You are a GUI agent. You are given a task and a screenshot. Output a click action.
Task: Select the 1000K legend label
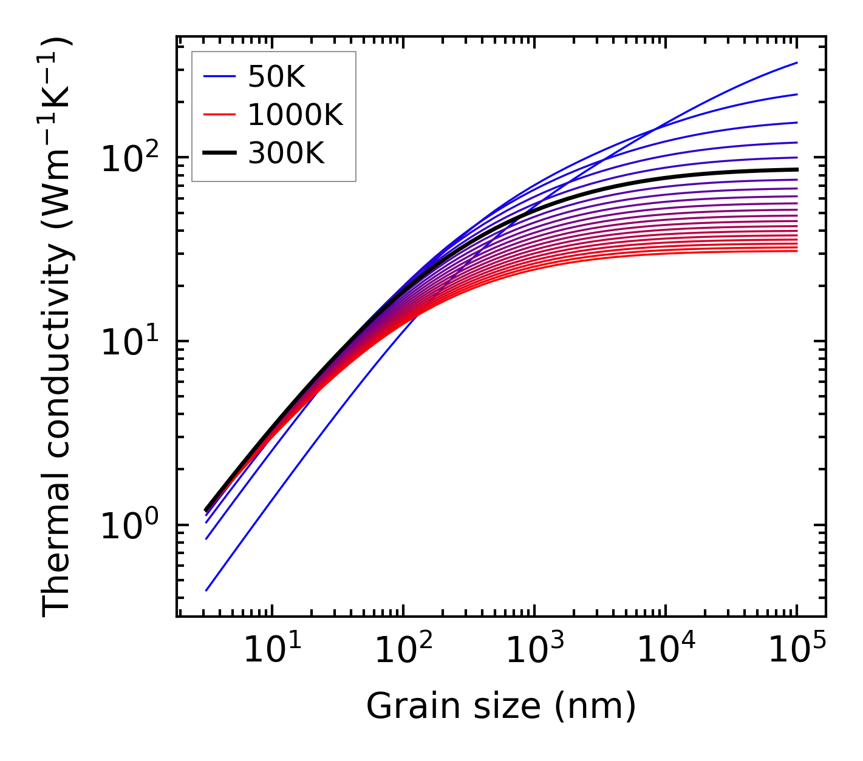tap(295, 115)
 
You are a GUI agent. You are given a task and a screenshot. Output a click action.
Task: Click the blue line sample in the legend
tap(219, 77)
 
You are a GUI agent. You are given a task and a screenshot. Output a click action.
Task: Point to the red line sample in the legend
tap(219, 115)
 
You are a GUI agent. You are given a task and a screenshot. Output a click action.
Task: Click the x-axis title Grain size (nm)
tap(501, 706)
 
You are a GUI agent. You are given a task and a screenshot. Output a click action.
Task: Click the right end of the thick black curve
tap(796, 169)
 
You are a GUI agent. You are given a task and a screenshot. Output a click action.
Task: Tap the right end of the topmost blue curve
tap(796, 63)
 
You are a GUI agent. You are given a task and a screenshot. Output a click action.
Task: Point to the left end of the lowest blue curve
tap(206, 590)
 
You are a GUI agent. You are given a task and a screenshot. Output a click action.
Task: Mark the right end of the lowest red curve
tap(796, 251)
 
